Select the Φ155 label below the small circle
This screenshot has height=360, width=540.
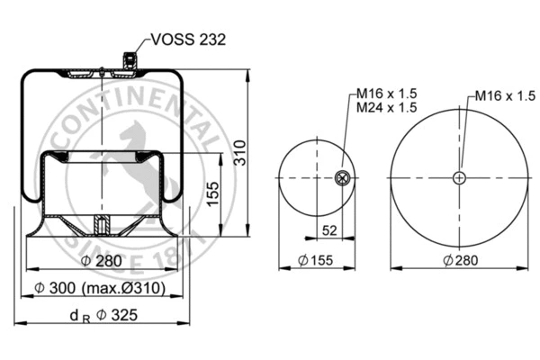(x=314, y=261)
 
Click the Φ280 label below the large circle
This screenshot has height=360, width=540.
(x=460, y=261)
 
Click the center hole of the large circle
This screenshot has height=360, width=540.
(x=460, y=177)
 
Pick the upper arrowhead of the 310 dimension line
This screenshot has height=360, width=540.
(x=247, y=68)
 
